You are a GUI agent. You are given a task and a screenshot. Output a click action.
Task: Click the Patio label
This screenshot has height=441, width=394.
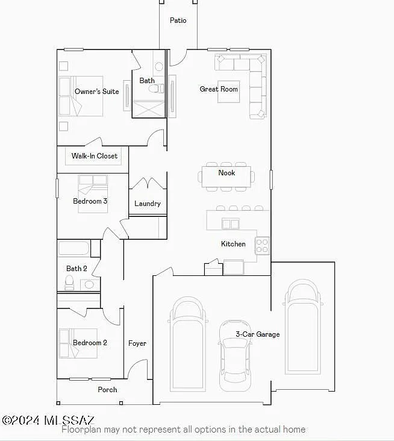coord(178,20)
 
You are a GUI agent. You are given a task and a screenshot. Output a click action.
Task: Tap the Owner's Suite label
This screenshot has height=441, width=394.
coord(97,92)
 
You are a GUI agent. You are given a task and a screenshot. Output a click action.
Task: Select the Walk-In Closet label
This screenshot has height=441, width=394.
coord(95,156)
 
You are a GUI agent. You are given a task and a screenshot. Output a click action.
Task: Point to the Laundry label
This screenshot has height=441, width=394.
coord(148,204)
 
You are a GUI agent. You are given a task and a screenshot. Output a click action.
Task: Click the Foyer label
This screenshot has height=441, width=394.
coord(137,343)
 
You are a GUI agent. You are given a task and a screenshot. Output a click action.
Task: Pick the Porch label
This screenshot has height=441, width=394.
coord(107,390)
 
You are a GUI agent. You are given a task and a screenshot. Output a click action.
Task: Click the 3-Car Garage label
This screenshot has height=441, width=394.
coord(258,334)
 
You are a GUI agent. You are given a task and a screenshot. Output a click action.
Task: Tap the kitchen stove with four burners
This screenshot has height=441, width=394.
coord(262,246)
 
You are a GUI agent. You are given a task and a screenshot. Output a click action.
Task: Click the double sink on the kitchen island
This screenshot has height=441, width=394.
coord(231,224)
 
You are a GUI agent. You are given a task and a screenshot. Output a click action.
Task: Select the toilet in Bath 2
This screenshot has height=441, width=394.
coord(69,283)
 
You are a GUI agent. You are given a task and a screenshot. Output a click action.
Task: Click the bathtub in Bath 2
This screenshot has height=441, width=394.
coord(73,248)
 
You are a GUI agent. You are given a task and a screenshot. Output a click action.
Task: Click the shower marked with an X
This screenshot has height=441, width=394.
coord(148,109)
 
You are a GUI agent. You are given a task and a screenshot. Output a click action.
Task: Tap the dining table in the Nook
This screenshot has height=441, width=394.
coord(227,177)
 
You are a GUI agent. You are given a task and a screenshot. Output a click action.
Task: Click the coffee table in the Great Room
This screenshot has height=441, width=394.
coord(229,92)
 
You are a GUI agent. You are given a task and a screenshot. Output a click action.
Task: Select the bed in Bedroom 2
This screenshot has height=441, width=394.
coord(78,343)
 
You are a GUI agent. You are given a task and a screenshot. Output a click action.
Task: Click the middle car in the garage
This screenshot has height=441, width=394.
coord(235,356)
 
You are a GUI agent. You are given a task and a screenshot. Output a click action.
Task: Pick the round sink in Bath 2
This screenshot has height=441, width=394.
coord(89,284)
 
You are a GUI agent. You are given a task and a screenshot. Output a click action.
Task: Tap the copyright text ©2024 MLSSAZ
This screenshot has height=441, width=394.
coord(48,420)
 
